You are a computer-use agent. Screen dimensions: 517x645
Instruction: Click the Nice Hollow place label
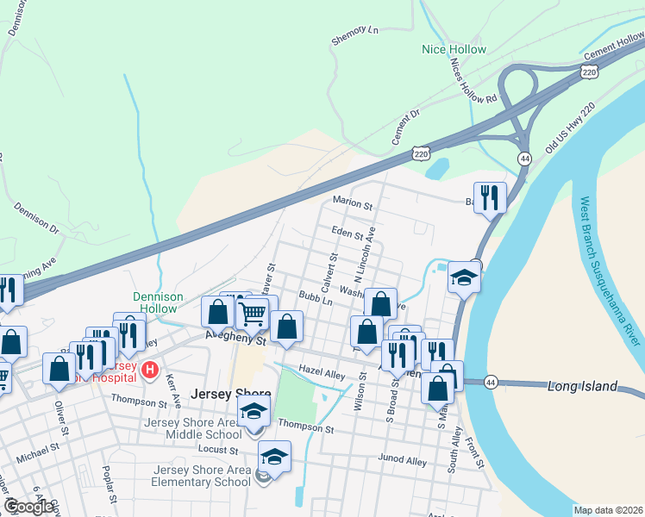coord(454,49)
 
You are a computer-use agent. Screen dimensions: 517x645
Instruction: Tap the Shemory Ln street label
coord(354,34)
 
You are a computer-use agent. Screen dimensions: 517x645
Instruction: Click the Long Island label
coord(583,386)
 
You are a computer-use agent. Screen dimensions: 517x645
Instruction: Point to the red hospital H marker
coord(150,371)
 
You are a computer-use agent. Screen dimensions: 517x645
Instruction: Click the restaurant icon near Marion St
coord(490,197)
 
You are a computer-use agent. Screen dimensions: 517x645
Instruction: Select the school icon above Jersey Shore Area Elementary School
coord(274,456)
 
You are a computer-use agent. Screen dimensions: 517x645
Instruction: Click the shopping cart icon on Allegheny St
coord(252,314)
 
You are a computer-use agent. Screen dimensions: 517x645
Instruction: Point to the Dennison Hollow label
coord(158,302)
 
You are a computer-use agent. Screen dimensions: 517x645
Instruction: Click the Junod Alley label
coord(404,461)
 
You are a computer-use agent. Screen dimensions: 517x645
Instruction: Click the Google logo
coord(29,507)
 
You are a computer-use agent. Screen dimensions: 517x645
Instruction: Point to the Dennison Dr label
coord(35,219)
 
